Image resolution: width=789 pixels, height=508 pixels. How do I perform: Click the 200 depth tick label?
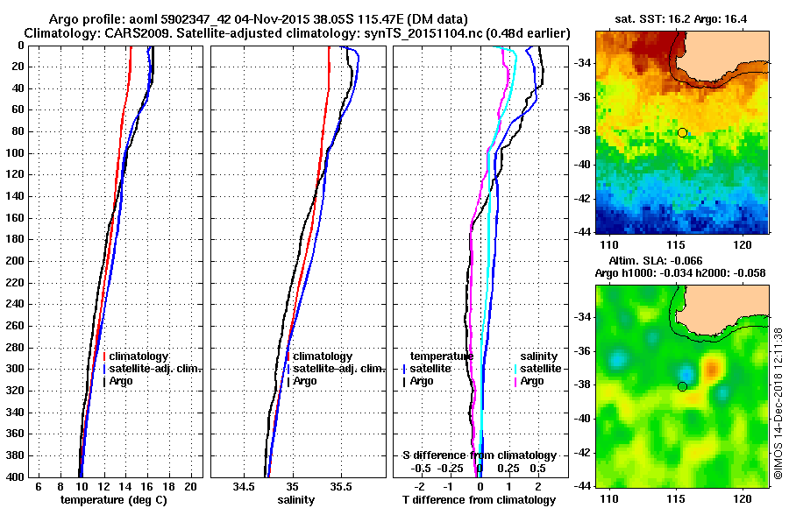(x=15, y=261)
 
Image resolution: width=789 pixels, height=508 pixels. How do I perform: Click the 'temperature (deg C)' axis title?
(x=113, y=500)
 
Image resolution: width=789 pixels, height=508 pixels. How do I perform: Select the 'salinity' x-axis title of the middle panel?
(x=295, y=500)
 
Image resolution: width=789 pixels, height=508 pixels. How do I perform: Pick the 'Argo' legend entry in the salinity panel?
(x=305, y=381)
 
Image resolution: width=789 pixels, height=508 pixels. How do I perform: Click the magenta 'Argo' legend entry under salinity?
(x=532, y=381)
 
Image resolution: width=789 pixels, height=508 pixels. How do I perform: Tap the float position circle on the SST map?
(x=682, y=132)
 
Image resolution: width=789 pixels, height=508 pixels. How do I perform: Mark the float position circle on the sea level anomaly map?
(x=682, y=386)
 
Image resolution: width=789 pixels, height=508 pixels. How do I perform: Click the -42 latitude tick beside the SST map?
(x=583, y=198)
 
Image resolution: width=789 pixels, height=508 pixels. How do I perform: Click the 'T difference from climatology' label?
(x=479, y=500)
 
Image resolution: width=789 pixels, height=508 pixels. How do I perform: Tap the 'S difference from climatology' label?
(x=479, y=455)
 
